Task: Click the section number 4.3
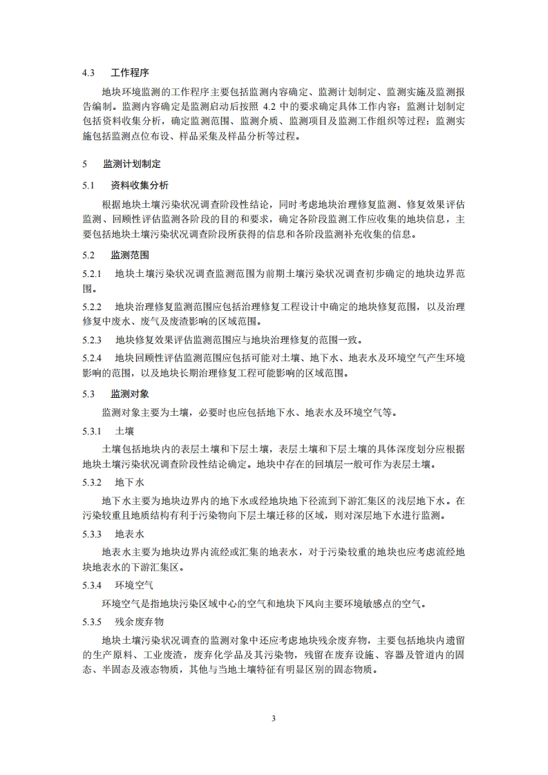point(88,72)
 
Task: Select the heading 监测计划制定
point(132,164)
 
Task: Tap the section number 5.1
point(88,186)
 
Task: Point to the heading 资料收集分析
point(139,186)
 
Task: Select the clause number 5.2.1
point(92,273)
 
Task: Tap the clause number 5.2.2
point(92,306)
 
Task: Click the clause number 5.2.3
point(92,340)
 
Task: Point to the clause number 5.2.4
point(92,358)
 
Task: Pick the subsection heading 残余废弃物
point(139,621)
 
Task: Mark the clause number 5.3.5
point(92,621)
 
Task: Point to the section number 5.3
point(88,394)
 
